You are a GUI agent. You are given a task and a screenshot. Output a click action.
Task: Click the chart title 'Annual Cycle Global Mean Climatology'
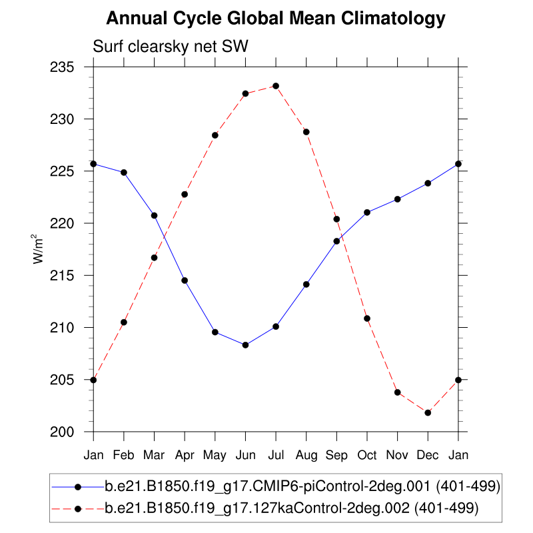point(275,19)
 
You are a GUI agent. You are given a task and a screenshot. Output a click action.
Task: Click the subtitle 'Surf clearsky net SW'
point(171,46)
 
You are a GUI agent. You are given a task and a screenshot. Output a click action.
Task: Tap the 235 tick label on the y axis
point(69,67)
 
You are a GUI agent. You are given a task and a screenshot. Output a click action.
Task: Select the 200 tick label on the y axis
point(69,432)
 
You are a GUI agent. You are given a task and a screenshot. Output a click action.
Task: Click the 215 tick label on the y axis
point(69,276)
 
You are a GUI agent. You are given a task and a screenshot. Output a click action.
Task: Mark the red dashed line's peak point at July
point(276,86)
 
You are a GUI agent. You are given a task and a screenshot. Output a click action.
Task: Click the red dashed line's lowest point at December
point(428,412)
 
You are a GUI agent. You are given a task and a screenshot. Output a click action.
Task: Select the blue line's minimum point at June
point(245,344)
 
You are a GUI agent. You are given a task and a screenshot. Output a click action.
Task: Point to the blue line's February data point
point(124,173)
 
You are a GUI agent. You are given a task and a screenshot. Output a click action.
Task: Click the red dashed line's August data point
point(306,132)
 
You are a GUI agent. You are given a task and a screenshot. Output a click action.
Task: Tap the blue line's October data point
point(367,213)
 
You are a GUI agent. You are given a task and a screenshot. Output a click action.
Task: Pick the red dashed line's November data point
point(398,392)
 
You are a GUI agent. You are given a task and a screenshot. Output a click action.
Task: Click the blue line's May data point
point(215,332)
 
